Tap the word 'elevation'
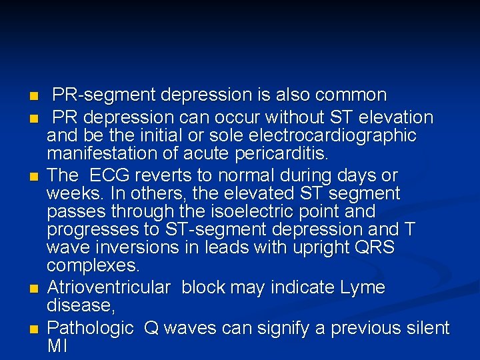click(x=396, y=118)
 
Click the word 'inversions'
click(x=141, y=248)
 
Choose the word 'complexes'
click(x=93, y=266)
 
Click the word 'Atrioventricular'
click(x=109, y=288)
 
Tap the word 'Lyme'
click(x=363, y=288)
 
